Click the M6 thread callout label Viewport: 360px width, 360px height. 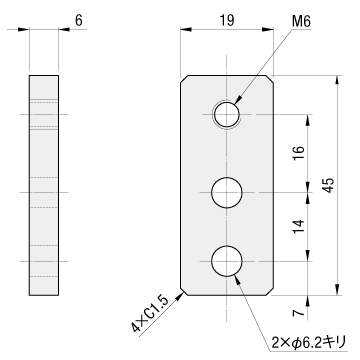(301, 22)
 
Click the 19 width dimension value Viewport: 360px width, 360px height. (227, 21)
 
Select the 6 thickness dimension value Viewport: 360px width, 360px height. (79, 21)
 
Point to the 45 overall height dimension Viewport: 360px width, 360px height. (328, 185)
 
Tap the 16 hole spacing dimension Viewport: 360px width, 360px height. (299, 154)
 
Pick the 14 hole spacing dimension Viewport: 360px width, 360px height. (299, 227)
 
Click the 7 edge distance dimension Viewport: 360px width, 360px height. (299, 312)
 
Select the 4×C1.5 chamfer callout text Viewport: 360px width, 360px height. (151, 313)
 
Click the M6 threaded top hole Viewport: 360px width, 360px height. (227, 114)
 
